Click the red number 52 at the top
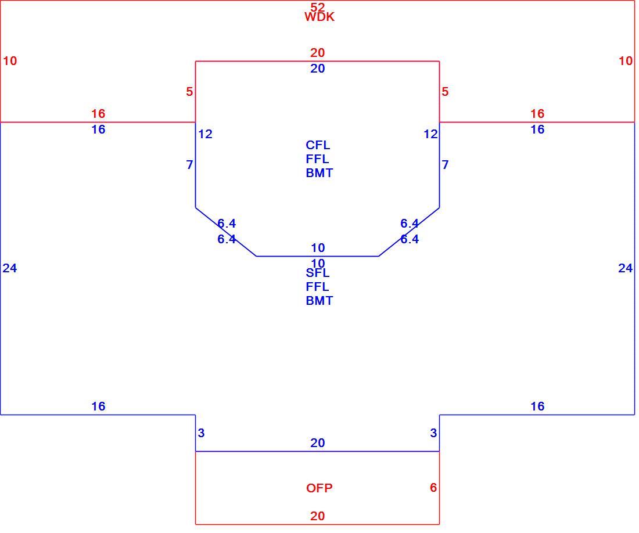[x=317, y=7]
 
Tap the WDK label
[x=319, y=17]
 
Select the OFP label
[x=319, y=488]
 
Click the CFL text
[x=317, y=145]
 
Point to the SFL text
[x=317, y=273]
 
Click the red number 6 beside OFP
[x=433, y=487]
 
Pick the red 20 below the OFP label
[x=317, y=516]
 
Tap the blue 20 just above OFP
[x=317, y=442]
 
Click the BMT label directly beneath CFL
[x=319, y=172]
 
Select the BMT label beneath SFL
[x=319, y=301]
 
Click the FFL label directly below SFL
[x=317, y=287]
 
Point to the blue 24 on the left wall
[x=10, y=268]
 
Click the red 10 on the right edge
[x=626, y=60]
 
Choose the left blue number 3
[x=201, y=433]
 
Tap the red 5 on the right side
[x=445, y=92]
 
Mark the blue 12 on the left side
[x=206, y=134]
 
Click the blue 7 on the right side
[x=446, y=165]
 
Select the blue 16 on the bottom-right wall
[x=537, y=406]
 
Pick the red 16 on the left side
[x=98, y=113]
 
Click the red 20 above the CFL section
[x=317, y=52]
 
